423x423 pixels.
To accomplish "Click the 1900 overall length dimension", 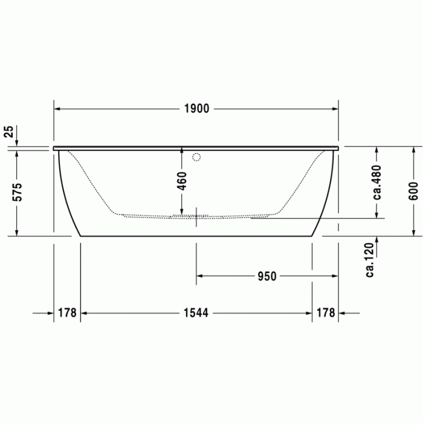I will pyautogui.click(x=196, y=109).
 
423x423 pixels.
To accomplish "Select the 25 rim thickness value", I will pyautogui.click(x=8, y=132).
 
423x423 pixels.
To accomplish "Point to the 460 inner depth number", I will pyautogui.click(x=182, y=180).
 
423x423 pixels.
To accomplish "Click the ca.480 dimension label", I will pyautogui.click(x=376, y=182).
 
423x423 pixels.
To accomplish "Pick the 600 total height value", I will pyautogui.click(x=413, y=191).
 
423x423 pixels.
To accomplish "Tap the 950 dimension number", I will pyautogui.click(x=266, y=276).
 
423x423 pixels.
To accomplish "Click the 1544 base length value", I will pyautogui.click(x=196, y=313).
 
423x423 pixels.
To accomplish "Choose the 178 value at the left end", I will pyautogui.click(x=66, y=313).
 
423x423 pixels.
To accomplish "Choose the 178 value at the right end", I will pyautogui.click(x=325, y=313).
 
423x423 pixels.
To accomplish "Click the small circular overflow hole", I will pyautogui.click(x=195, y=158).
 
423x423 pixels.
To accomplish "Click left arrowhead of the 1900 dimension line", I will pyautogui.click(x=57, y=109).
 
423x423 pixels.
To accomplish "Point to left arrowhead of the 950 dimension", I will pyautogui.click(x=199, y=276).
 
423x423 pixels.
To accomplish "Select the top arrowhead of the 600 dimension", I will pyautogui.click(x=413, y=149).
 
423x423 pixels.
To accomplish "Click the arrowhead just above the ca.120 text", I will pyautogui.click(x=376, y=240).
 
